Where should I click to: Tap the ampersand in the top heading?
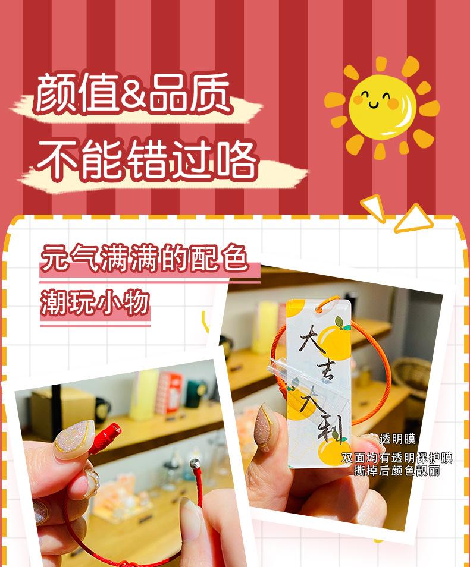point(134,93)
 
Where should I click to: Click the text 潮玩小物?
point(95,303)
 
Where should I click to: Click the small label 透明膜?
point(397,439)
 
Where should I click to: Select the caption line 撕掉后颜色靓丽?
point(396,471)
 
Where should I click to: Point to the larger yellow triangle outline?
point(413,218)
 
